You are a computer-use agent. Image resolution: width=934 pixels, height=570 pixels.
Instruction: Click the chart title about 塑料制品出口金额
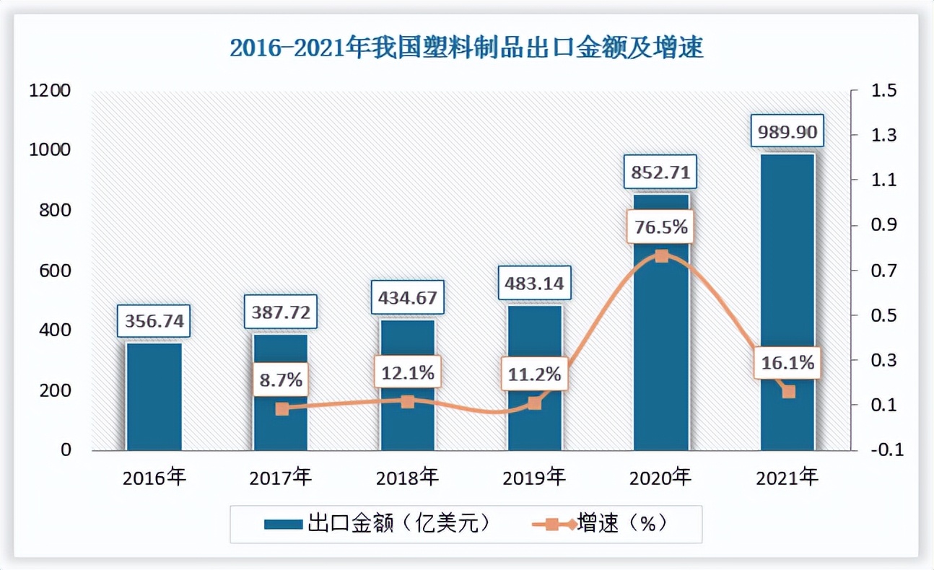coord(466,49)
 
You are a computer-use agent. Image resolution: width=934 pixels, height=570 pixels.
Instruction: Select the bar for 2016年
coord(154,396)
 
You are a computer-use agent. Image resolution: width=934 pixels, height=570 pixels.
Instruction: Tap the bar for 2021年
coord(787,289)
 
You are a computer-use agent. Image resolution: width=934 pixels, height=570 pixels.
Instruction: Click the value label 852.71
coord(660,173)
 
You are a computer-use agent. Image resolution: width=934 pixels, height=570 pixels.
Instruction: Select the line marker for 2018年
coord(408,401)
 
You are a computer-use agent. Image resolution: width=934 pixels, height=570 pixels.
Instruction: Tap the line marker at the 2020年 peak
coord(661,255)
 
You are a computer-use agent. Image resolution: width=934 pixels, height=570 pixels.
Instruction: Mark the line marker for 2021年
coord(788,392)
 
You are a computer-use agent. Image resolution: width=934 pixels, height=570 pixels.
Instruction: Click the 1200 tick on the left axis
coord(50,91)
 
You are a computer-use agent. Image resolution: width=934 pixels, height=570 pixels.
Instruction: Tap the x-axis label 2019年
coord(534,478)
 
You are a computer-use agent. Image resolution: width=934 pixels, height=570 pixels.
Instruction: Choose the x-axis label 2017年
coord(281,478)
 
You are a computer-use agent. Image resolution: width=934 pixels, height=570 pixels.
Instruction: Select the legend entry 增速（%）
coord(598,523)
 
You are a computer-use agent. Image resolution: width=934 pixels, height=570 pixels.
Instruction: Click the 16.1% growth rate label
coord(787,363)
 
